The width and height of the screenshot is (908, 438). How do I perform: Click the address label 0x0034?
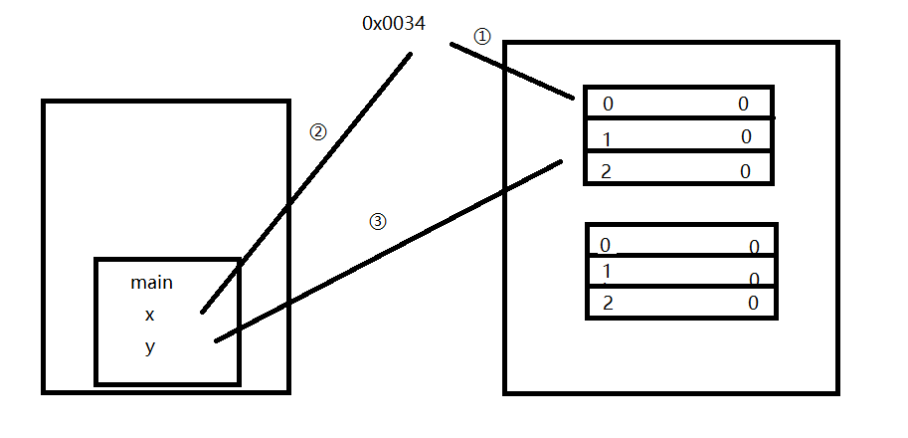[x=394, y=23]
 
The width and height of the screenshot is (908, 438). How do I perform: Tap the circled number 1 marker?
[x=482, y=36]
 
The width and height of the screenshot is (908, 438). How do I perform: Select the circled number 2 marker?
[x=318, y=131]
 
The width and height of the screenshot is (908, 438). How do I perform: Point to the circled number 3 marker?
[x=377, y=222]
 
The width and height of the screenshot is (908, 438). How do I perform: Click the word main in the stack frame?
[x=151, y=283]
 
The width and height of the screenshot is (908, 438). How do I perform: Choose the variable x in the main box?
[x=150, y=315]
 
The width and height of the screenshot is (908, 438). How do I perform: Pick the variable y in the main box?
[x=150, y=348]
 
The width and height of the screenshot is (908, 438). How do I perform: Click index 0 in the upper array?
[x=608, y=104]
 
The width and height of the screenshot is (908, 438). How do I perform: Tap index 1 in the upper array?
[x=607, y=138]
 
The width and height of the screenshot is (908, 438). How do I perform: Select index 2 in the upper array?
[x=606, y=171]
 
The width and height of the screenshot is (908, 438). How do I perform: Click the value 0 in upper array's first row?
[x=743, y=104]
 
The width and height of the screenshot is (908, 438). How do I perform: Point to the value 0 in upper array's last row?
[x=745, y=171]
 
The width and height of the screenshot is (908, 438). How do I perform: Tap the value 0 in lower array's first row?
[x=754, y=247]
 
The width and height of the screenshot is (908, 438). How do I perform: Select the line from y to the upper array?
[x=388, y=251]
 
